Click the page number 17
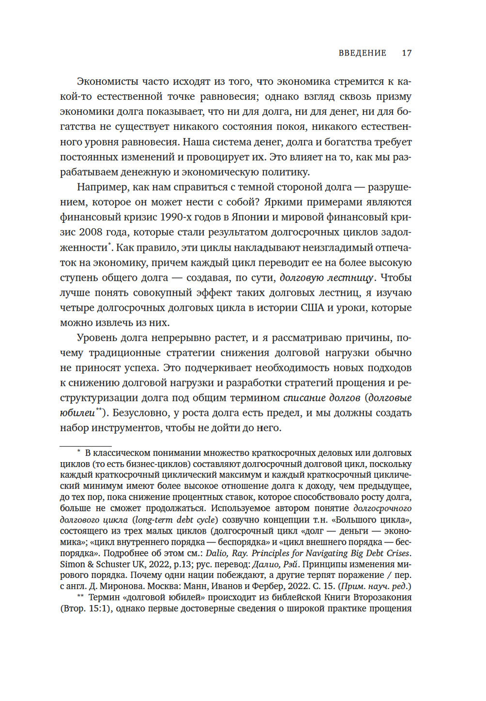[x=406, y=53]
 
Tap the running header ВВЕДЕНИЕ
[x=362, y=53]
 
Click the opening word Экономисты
[x=107, y=81]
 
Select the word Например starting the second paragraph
[x=101, y=187]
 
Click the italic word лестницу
[x=350, y=277]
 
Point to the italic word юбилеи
[x=77, y=413]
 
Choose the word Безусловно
[x=143, y=413]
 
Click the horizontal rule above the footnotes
[x=85, y=445]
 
